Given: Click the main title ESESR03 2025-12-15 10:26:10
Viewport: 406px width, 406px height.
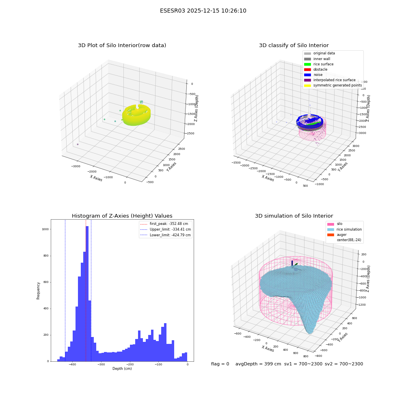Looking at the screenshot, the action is pyautogui.click(x=203, y=11).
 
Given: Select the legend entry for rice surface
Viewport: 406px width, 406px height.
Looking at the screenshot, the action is pyautogui.click(x=319, y=64).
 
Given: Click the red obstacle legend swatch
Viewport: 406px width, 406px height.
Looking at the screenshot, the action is pyautogui.click(x=307, y=69).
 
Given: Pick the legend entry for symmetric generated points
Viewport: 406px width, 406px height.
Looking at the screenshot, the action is pyautogui.click(x=333, y=85).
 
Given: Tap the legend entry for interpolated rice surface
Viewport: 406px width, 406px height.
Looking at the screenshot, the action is pyautogui.click(x=330, y=80).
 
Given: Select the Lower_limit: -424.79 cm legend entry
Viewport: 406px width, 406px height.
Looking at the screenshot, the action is pyautogui.click(x=166, y=235).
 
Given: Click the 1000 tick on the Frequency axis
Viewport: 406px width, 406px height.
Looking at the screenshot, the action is pyautogui.click(x=45, y=229).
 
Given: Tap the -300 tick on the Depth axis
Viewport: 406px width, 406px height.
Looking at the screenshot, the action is pyautogui.click(x=101, y=364).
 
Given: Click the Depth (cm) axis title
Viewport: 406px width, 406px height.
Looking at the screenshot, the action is pyautogui.click(x=122, y=369).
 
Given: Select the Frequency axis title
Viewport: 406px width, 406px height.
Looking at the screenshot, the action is pyautogui.click(x=38, y=291).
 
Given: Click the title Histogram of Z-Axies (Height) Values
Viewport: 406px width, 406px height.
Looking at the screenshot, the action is pyautogui.click(x=122, y=216).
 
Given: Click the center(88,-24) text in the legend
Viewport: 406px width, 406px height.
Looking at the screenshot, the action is pyautogui.click(x=349, y=240).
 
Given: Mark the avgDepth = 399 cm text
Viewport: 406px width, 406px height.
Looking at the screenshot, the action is pyautogui.click(x=258, y=364).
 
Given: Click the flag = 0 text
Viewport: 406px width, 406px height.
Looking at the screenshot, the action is pyautogui.click(x=220, y=364).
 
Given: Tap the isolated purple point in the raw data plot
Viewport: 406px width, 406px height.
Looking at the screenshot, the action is pyautogui.click(x=78, y=144).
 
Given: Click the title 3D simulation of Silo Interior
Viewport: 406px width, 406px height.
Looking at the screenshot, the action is pyautogui.click(x=294, y=216).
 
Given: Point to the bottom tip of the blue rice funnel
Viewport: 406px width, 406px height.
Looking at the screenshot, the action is pyautogui.click(x=310, y=333).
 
